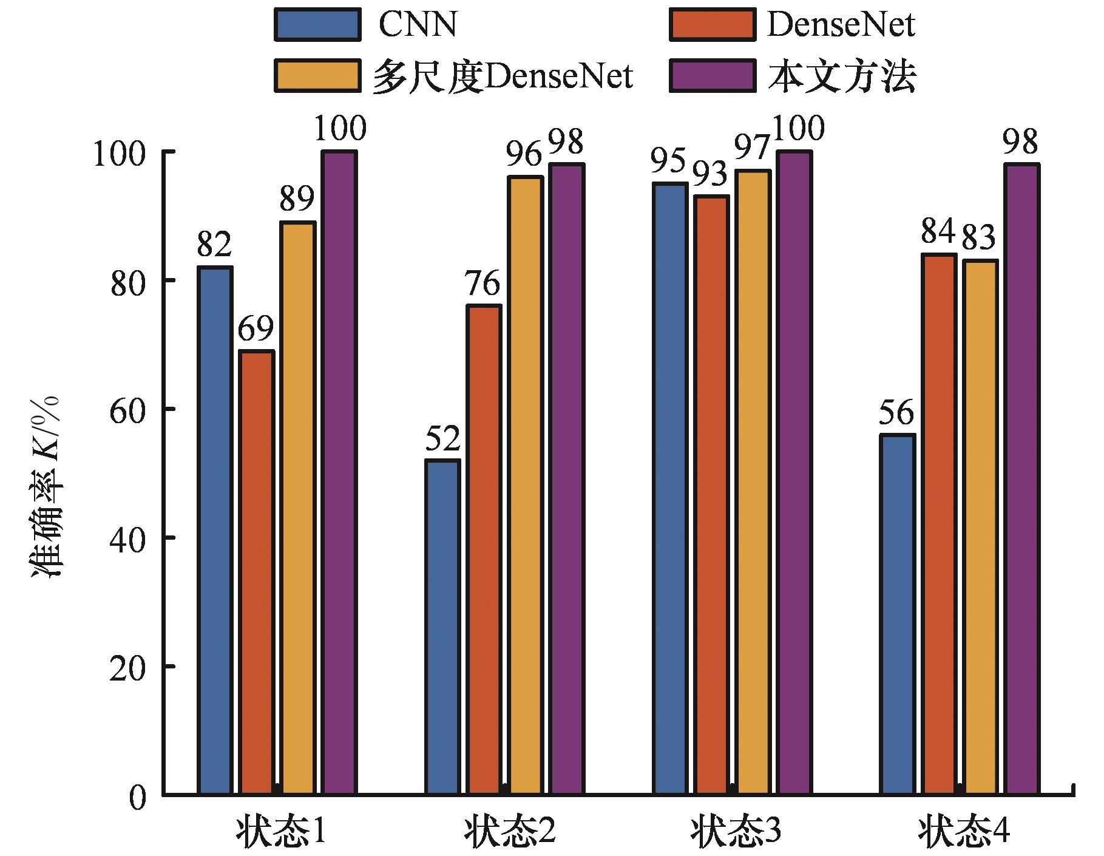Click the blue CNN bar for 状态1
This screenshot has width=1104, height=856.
pyautogui.click(x=215, y=530)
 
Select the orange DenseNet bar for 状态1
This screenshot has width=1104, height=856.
pyautogui.click(x=256, y=572)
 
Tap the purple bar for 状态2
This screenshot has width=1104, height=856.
pyautogui.click(x=566, y=478)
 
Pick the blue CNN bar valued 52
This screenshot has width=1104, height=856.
pyautogui.click(x=442, y=627)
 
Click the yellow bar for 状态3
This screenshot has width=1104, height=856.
pyautogui.click(x=753, y=482)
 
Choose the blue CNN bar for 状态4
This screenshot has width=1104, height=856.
pyautogui.click(x=897, y=614)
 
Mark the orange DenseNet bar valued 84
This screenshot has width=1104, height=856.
pyautogui.click(x=939, y=523)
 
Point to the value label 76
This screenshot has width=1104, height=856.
pyautogui.click(x=483, y=284)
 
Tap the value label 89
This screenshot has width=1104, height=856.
pyautogui.click(x=297, y=200)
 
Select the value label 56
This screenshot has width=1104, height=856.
pyautogui.click(x=896, y=413)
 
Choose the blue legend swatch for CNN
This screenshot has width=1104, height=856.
pyautogui.click(x=316, y=25)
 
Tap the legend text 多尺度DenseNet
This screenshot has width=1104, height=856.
pyautogui.click(x=503, y=77)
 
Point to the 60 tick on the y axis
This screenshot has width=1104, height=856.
pyautogui.click(x=129, y=409)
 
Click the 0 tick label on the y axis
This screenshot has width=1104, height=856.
pyautogui.click(x=138, y=797)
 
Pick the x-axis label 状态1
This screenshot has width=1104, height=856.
pyautogui.click(x=280, y=832)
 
